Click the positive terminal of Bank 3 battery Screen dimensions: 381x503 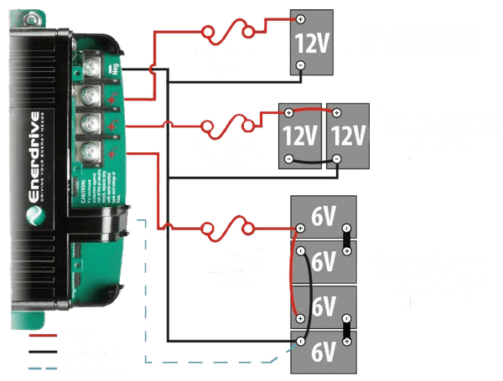300,19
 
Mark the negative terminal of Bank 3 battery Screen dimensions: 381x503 300,68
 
